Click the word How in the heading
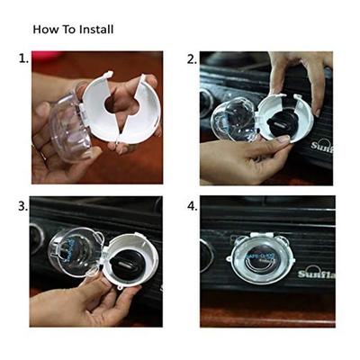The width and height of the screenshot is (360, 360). point(45,29)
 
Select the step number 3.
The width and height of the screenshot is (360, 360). point(23,205)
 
